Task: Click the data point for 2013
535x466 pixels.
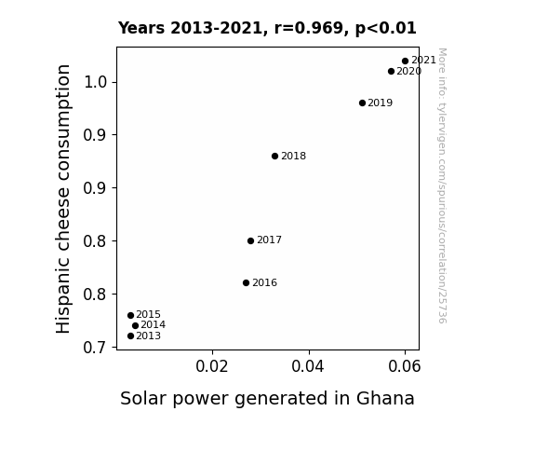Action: [130, 336]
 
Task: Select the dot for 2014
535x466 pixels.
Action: [135, 325]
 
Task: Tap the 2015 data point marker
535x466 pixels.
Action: [130, 315]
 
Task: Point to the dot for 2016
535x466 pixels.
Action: [246, 282]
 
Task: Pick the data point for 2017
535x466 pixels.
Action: [250, 240]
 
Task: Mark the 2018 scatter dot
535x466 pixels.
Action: [274, 156]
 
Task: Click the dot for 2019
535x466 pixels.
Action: [362, 103]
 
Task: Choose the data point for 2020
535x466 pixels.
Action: [391, 71]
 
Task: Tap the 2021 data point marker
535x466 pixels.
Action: [405, 61]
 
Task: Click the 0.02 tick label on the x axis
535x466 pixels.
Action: [212, 366]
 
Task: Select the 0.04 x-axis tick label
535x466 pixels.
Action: [308, 366]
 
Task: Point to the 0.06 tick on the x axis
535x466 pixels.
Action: [405, 366]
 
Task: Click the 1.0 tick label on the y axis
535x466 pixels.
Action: [96, 82]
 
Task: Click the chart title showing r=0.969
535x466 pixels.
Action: [267, 28]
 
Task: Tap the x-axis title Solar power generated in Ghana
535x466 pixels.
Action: [267, 399]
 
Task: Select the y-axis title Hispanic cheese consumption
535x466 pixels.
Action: [63, 199]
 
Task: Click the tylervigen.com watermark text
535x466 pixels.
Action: [442, 185]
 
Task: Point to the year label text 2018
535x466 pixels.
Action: [293, 156]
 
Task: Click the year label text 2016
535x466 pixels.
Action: [265, 282]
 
